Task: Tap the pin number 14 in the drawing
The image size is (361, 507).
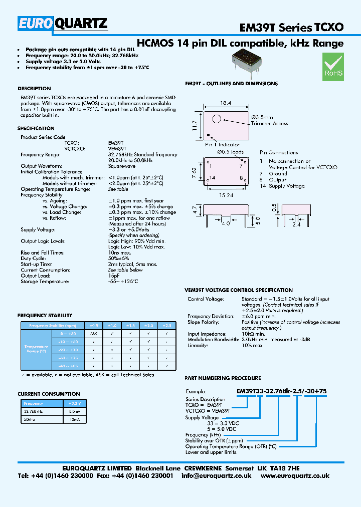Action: pos(213,178)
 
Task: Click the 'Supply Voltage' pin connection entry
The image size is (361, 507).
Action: pos(287,186)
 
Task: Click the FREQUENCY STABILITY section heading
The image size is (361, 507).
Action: pos(45,316)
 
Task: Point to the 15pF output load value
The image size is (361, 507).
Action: pos(113,276)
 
